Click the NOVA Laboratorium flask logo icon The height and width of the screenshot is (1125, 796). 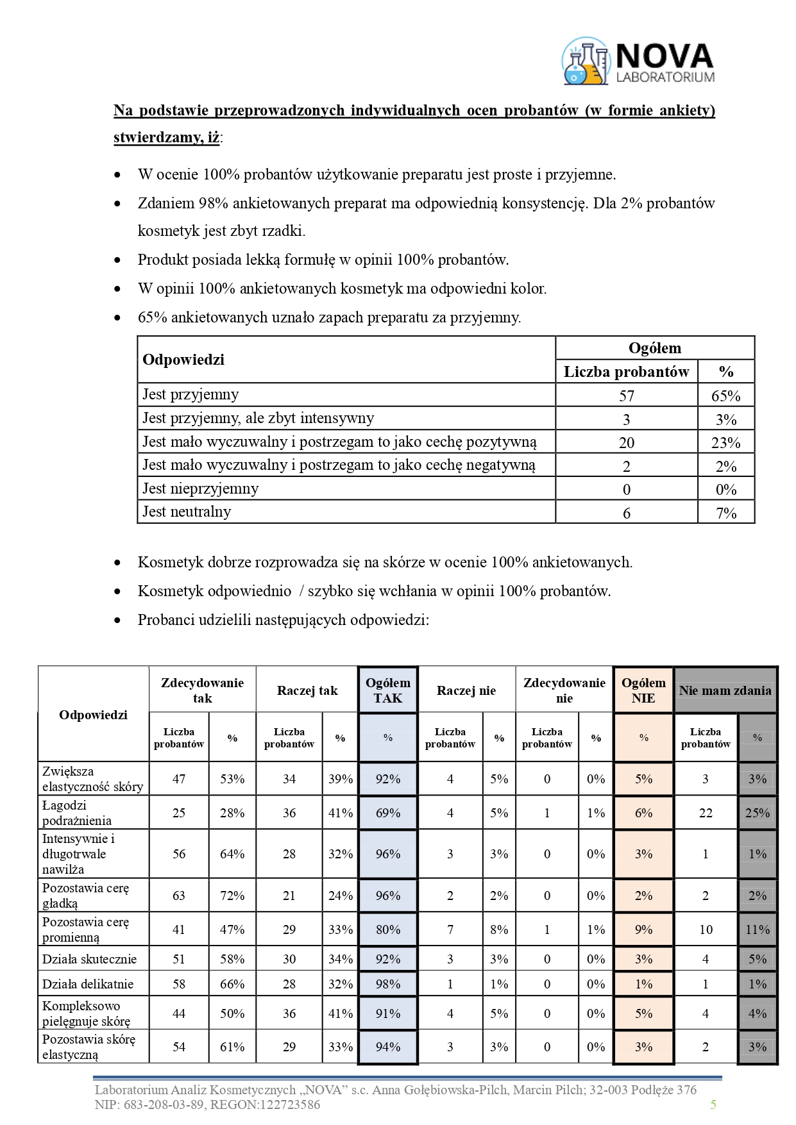tap(586, 61)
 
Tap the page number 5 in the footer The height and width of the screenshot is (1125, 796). tap(713, 1104)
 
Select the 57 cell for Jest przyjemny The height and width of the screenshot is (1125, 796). tap(626, 396)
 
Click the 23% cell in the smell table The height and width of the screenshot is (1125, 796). tap(725, 442)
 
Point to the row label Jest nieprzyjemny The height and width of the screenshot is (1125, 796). tap(200, 488)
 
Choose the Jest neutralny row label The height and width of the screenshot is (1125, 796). tap(187, 512)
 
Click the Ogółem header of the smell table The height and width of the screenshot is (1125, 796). tap(654, 348)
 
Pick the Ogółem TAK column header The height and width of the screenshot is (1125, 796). tap(387, 690)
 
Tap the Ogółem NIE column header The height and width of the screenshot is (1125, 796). tap(643, 690)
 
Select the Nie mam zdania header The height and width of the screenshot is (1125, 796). tap(725, 690)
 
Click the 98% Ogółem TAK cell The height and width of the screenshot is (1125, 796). tap(387, 984)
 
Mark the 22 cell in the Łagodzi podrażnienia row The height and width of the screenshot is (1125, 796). tap(706, 813)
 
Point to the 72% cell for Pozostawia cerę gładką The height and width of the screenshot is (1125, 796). tap(232, 896)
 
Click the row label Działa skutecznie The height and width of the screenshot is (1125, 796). tap(89, 959)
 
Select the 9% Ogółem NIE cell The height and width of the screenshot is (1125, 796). tap(643, 929)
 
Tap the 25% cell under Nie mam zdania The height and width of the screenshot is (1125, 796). tap(757, 813)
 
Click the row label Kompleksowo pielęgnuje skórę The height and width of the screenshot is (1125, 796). tap(86, 1013)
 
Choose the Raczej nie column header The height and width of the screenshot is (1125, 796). tap(466, 690)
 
